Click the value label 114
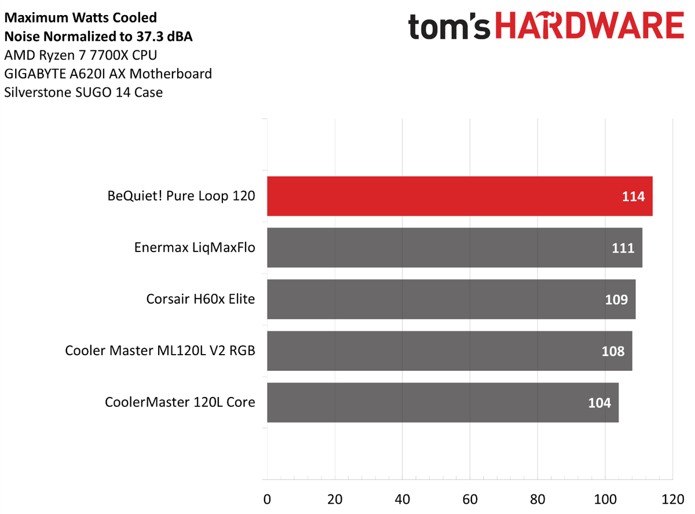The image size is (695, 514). coord(633,197)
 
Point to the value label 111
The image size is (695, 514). coord(623,249)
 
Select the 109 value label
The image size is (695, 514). coord(616,300)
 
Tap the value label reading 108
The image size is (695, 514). coord(613,351)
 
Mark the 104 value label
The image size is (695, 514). coord(599,403)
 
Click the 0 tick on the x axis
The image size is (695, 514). coord(267,498)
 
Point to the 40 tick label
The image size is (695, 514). coord(402,498)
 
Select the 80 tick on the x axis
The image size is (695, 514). coord(537,498)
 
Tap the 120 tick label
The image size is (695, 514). coord(672,498)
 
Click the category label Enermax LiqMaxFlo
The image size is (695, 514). coord(195,248)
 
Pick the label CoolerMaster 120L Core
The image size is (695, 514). coord(180,402)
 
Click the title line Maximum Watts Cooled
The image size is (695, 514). coord(81,19)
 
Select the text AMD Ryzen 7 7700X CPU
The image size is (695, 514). coord(80,56)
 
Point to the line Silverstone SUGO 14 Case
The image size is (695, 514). coord(83,92)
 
